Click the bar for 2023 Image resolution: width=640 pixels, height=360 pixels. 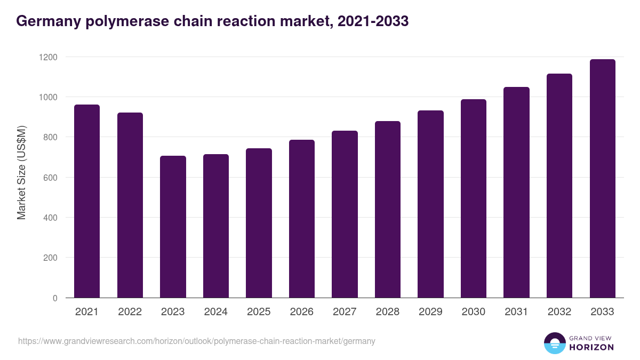(173, 227)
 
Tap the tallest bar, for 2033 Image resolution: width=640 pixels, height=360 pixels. (602, 178)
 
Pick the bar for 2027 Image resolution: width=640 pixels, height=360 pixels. (345, 214)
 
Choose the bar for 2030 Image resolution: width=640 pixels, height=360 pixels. (474, 198)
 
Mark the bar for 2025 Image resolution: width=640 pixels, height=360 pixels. (259, 223)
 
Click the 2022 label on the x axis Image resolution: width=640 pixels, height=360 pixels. (130, 312)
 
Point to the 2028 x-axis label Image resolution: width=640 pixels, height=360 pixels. (388, 312)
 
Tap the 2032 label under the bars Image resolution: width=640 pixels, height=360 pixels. (559, 312)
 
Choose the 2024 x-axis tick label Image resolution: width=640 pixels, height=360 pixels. (215, 312)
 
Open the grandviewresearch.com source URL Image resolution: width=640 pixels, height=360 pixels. (197, 341)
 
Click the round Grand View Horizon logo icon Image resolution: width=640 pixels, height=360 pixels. (554, 343)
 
